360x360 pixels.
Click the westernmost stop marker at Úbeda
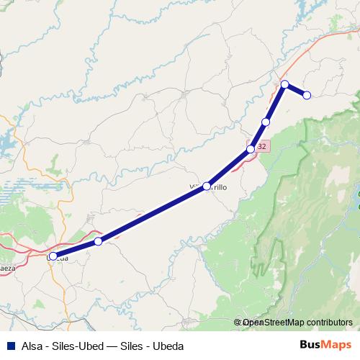coord(53,256)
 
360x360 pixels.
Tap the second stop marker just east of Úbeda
coord(98,241)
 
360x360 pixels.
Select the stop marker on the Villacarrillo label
coord(207,186)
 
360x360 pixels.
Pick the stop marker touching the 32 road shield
coord(251,149)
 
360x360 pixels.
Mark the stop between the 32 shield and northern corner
coord(266,122)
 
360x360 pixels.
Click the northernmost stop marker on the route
coord(285,84)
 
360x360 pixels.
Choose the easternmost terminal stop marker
coord(307,95)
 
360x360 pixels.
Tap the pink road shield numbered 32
coord(261,146)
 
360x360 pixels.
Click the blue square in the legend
coord(9,346)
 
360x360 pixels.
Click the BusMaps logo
coord(321,345)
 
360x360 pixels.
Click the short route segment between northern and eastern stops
coord(296,90)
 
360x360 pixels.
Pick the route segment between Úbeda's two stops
coord(76,248)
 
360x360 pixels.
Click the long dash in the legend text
coord(115,346)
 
